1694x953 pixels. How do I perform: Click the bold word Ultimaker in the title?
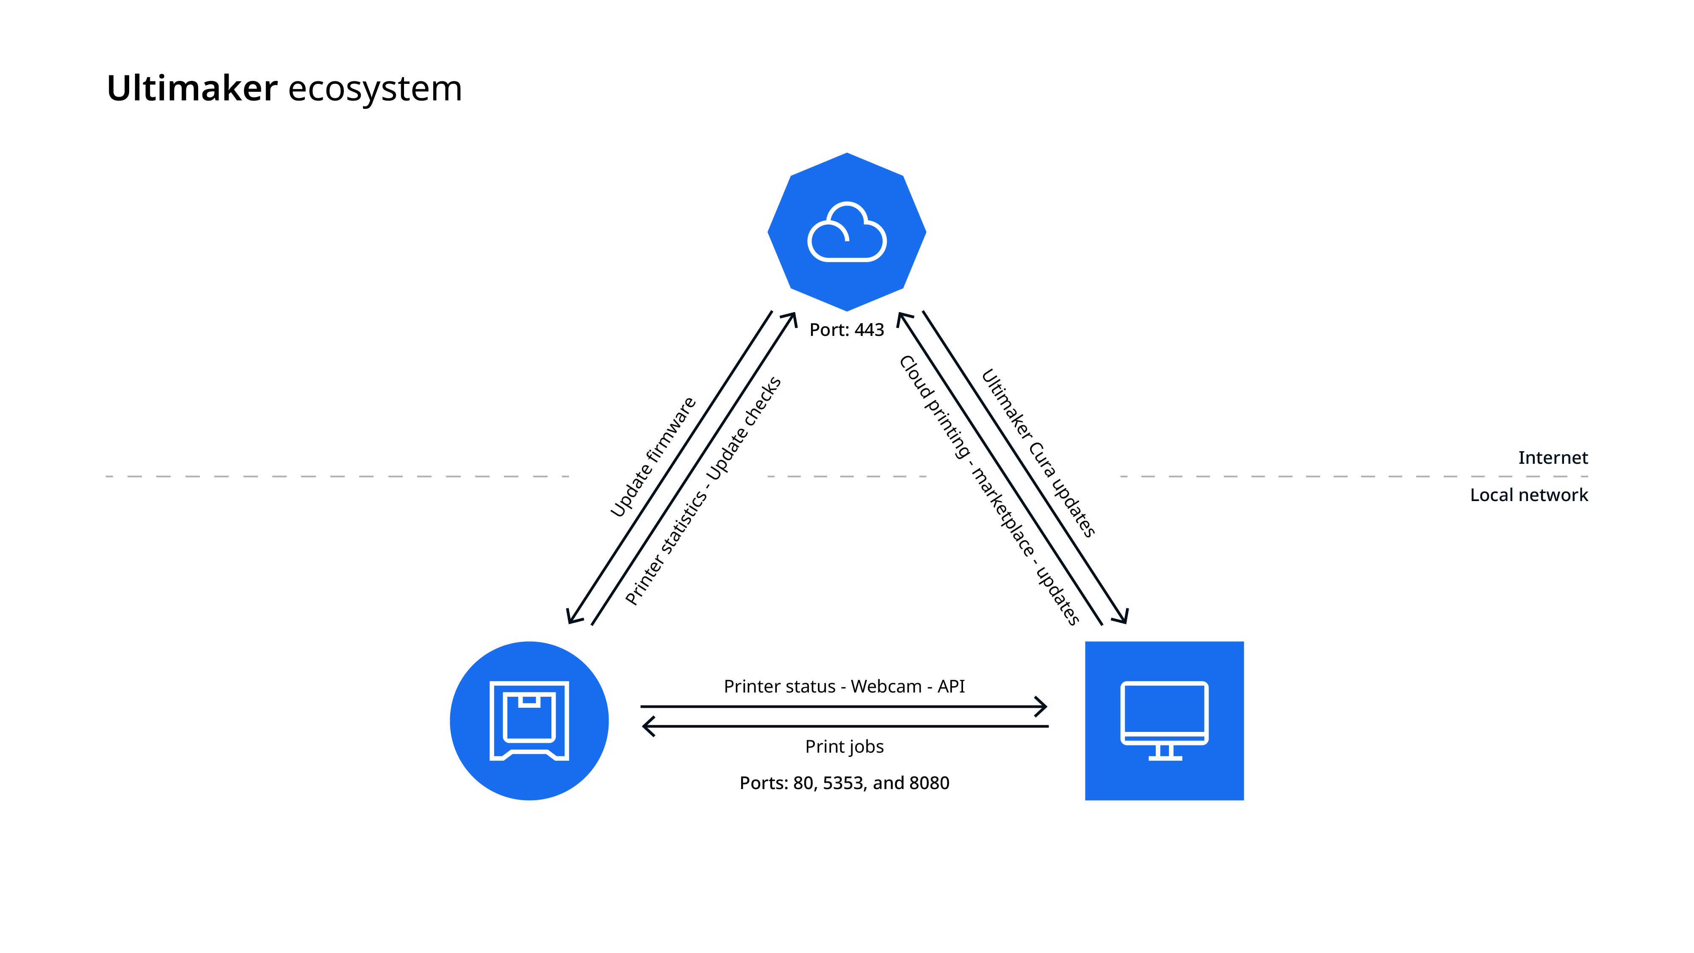click(191, 89)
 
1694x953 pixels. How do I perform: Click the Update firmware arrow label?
click(652, 457)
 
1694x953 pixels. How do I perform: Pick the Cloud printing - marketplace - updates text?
click(988, 490)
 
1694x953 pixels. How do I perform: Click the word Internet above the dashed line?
click(1552, 458)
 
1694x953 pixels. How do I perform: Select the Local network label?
click(1528, 495)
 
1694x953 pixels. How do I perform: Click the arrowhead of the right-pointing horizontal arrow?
click(1042, 707)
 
